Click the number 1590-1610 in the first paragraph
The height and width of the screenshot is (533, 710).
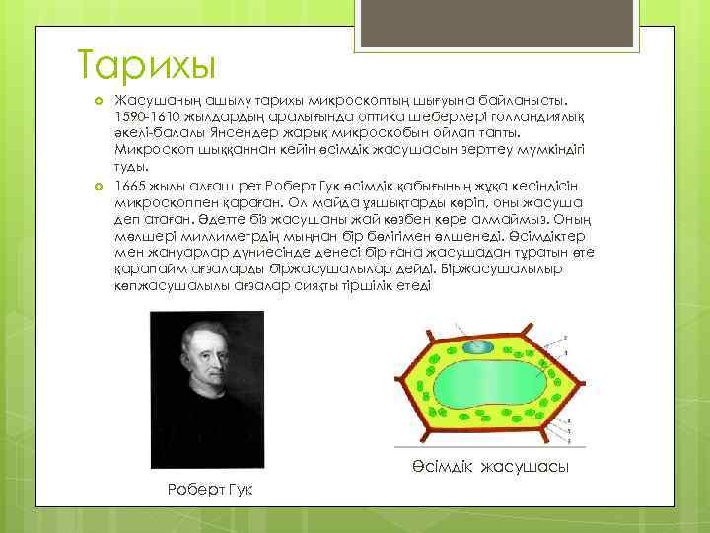coord(147,115)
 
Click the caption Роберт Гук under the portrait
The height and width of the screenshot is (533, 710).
coord(210,491)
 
